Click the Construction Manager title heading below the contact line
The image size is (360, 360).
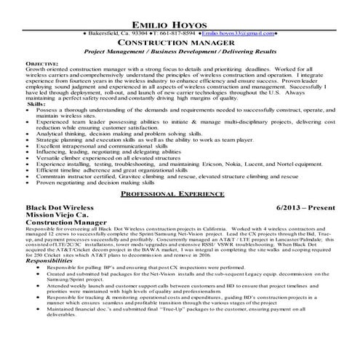pyautogui.click(x=180, y=44)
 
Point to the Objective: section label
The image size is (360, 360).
pyautogui.click(x=42, y=64)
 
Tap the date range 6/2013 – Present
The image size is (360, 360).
pyautogui.click(x=311, y=208)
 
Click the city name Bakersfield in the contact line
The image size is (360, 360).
pyautogui.click(x=109, y=33)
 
